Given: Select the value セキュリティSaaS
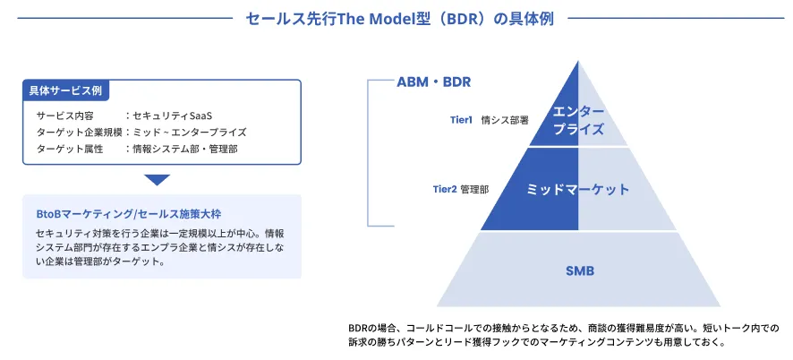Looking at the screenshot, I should (178, 116).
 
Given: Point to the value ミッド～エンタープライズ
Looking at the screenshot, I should (189, 133).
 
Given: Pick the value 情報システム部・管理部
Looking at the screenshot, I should (185, 150).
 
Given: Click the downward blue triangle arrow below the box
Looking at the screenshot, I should (158, 180).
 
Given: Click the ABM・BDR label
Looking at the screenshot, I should (434, 82).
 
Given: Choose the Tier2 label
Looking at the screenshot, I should (445, 190).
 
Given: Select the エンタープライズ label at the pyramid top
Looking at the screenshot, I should (578, 120).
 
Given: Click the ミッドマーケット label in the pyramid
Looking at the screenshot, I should (578, 190).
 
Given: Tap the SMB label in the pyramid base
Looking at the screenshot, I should (579, 270).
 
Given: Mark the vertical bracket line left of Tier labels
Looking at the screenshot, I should (368, 152).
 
